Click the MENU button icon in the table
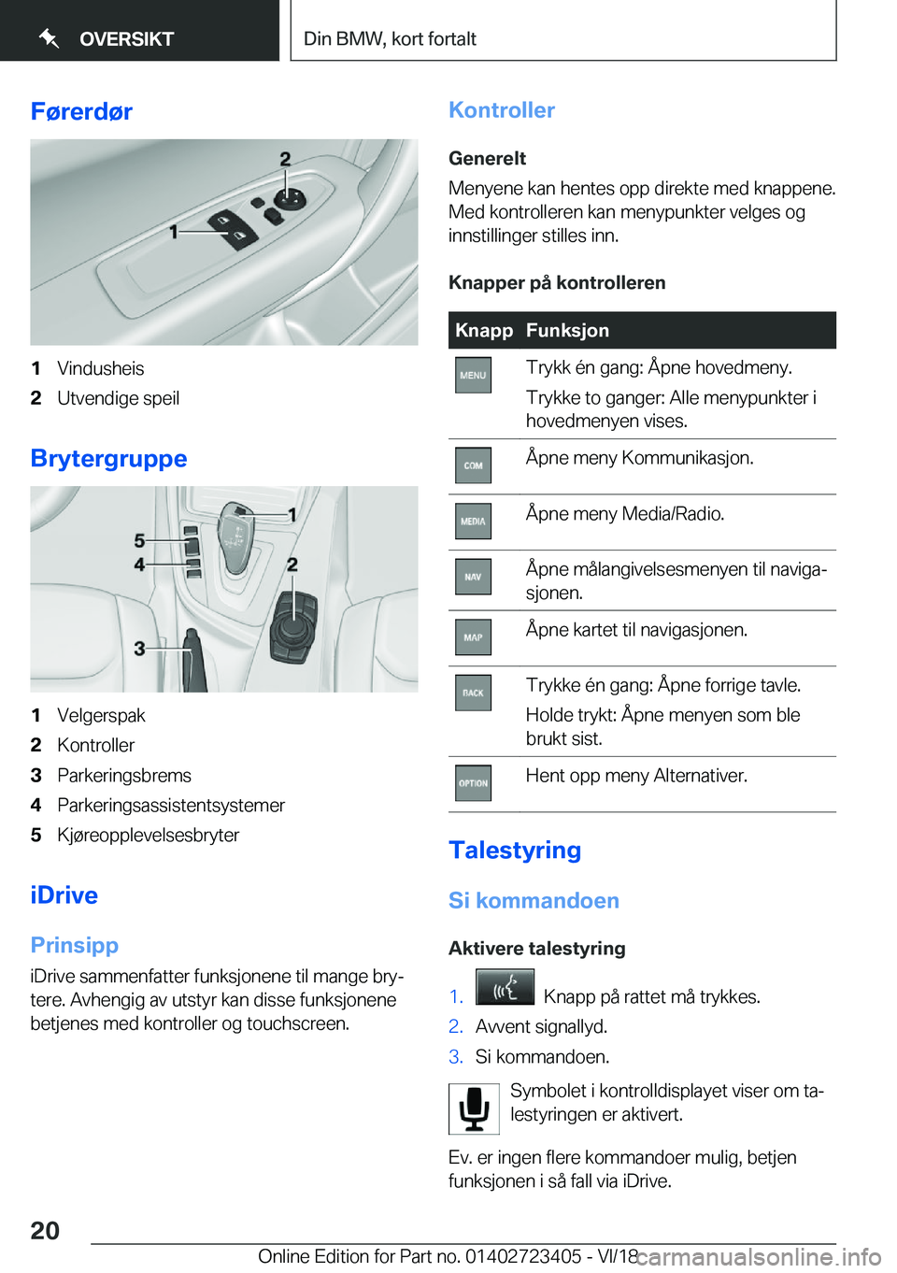pyautogui.click(x=473, y=376)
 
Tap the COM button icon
pyautogui.click(x=473, y=465)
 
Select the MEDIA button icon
pyautogui.click(x=473, y=522)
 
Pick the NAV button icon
pyautogui.click(x=473, y=578)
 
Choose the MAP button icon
pyautogui.click(x=473, y=637)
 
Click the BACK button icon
pyautogui.click(x=473, y=694)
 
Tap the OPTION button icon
pyautogui.click(x=473, y=783)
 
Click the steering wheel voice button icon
pyautogui.click(x=505, y=987)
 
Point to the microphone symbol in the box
pyautogui.click(x=474, y=1109)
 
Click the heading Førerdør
pyautogui.click(x=81, y=112)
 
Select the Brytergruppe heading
pyautogui.click(x=108, y=459)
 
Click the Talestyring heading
pyautogui.click(x=515, y=851)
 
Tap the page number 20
pyautogui.click(x=45, y=1231)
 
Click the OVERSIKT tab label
pyautogui.click(x=126, y=39)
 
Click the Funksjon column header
pyautogui.click(x=567, y=331)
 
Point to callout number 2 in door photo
pyautogui.click(x=285, y=159)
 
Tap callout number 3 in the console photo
pyautogui.click(x=139, y=648)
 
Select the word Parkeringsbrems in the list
pyautogui.click(x=124, y=776)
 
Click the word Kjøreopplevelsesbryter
pyautogui.click(x=148, y=836)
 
